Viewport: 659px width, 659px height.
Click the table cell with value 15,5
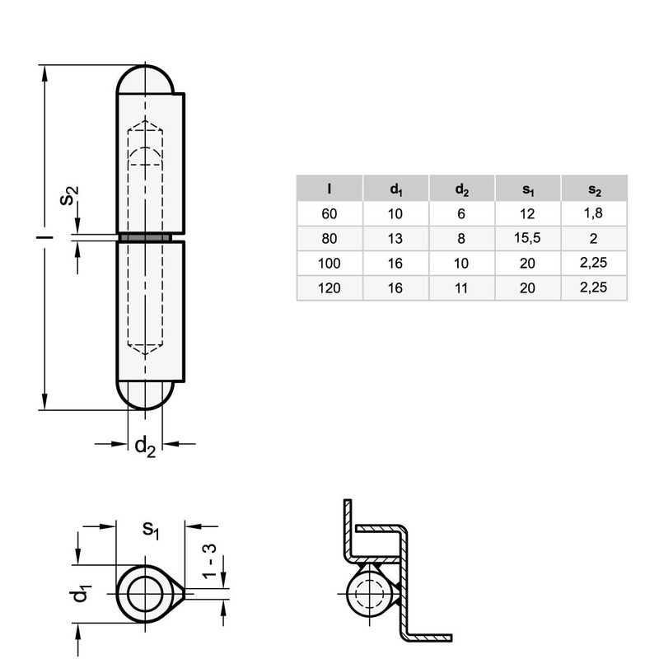[528, 240]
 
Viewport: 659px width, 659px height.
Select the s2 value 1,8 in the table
[594, 214]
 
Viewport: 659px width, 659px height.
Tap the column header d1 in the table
[396, 189]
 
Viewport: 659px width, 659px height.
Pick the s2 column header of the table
[594, 189]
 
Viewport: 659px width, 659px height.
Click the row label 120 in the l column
[329, 289]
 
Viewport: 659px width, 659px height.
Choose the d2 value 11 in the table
[461, 289]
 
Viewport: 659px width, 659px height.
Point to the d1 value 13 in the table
[396, 240]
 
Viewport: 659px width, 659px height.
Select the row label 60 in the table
[329, 214]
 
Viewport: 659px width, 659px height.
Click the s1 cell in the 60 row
[528, 214]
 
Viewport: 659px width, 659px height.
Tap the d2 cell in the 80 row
[461, 240]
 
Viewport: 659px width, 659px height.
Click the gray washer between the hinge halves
[146, 238]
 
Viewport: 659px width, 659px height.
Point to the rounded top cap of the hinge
[146, 79]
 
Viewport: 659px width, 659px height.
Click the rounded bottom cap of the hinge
[146, 395]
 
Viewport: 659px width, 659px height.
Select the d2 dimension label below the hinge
[145, 446]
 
